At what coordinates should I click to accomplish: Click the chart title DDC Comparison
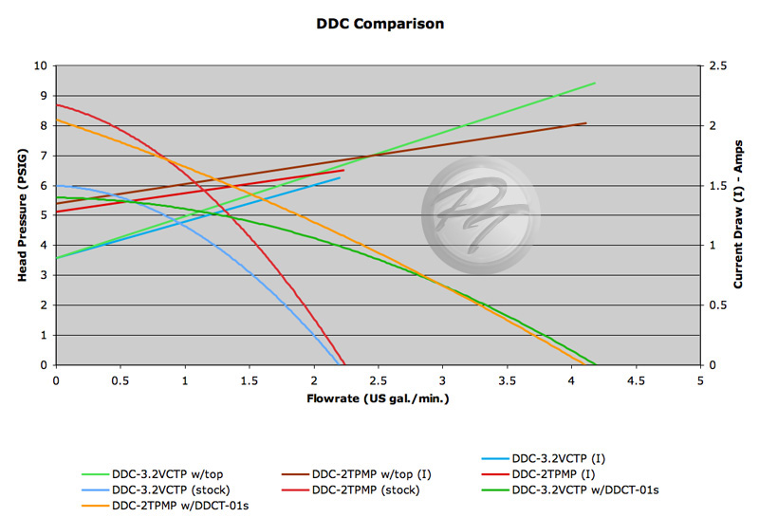click(379, 23)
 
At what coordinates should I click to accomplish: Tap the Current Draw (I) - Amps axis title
click(738, 215)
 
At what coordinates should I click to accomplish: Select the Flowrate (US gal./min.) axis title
click(378, 398)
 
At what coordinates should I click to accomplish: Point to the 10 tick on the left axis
click(40, 66)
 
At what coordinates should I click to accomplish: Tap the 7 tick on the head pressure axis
click(43, 156)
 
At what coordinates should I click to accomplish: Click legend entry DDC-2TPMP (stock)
click(365, 489)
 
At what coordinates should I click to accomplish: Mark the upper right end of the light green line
click(595, 83)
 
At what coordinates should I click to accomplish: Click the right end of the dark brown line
click(586, 122)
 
